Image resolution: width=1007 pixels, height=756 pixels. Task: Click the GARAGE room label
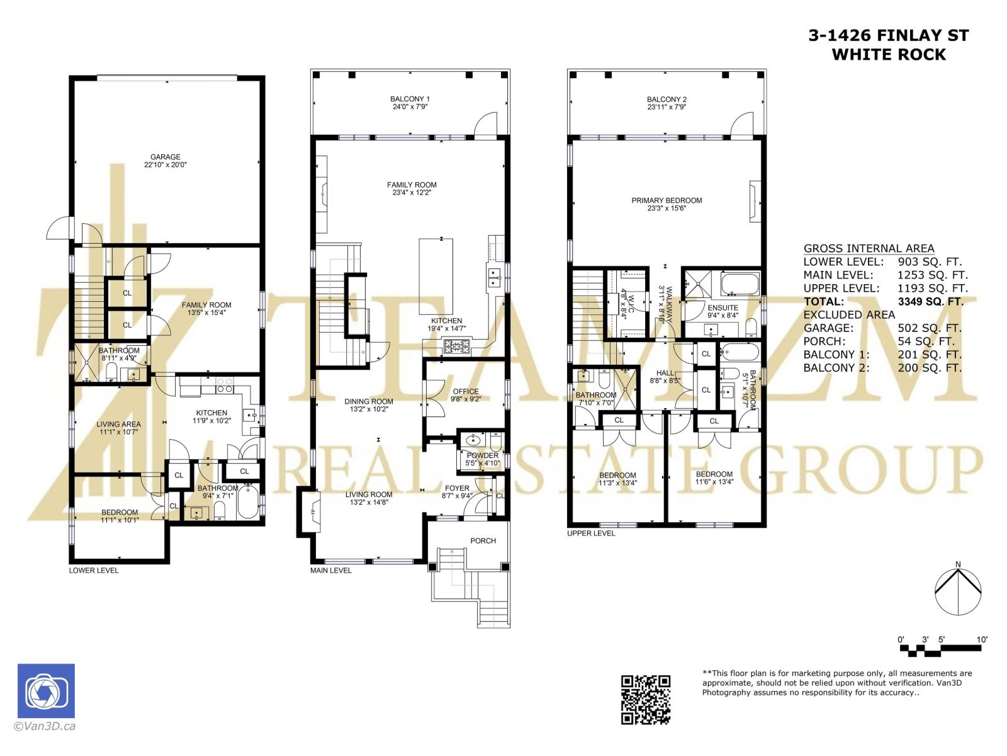pyautogui.click(x=165, y=157)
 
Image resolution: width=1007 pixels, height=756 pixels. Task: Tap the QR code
pyautogui.click(x=646, y=699)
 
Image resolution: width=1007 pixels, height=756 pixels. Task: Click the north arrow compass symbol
pyautogui.click(x=957, y=592)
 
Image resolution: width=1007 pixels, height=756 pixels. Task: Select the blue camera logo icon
pyautogui.click(x=46, y=691)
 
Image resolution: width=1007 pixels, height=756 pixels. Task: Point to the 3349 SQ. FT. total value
pyautogui.click(x=930, y=301)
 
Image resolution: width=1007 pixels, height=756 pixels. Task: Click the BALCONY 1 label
pyautogui.click(x=410, y=99)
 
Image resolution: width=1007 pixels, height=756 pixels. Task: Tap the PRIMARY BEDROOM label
pyautogui.click(x=667, y=200)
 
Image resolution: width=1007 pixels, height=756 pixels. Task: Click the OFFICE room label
pyautogui.click(x=465, y=391)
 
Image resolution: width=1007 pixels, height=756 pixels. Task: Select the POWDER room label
pyautogui.click(x=483, y=455)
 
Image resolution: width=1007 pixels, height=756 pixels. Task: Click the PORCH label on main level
pyautogui.click(x=483, y=541)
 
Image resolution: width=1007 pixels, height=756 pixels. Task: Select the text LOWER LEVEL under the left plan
pyautogui.click(x=93, y=570)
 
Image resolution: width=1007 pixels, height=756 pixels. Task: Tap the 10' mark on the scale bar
pyautogui.click(x=981, y=639)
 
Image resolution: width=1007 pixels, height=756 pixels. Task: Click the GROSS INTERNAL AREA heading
pyautogui.click(x=869, y=248)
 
